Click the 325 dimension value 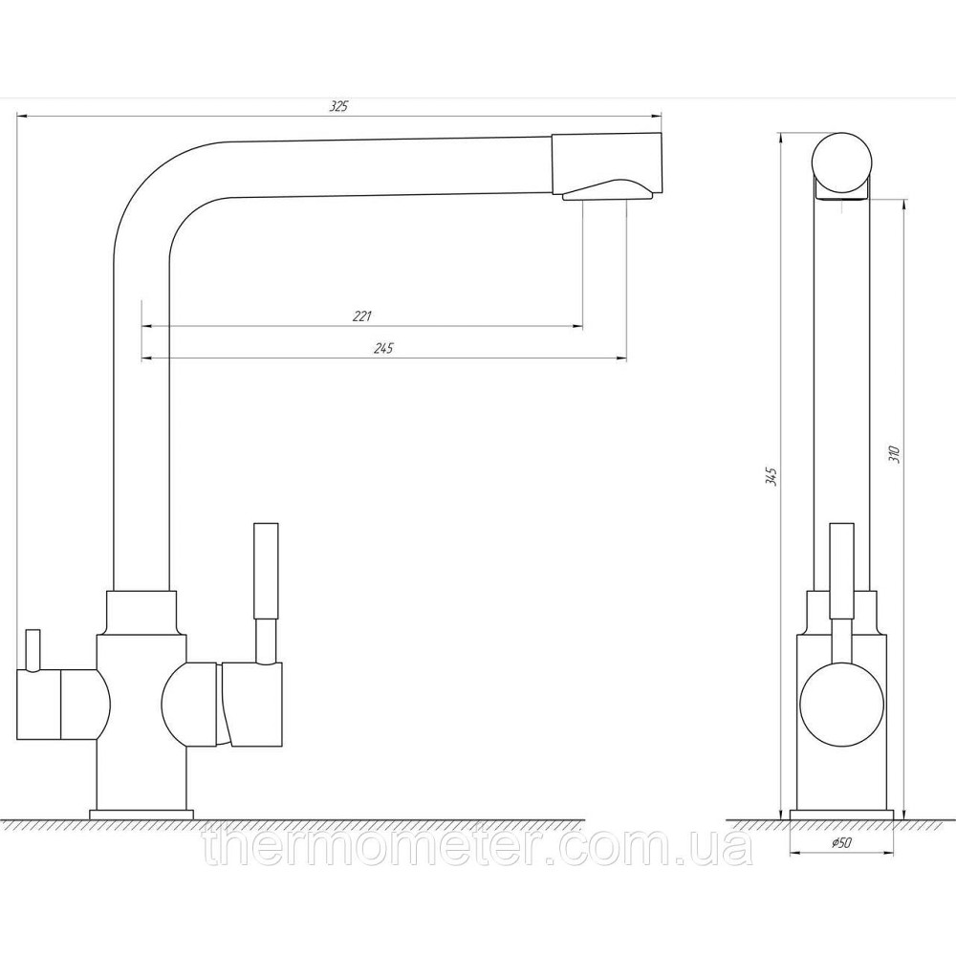tap(338, 106)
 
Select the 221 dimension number tap(362, 315)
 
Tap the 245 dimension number tap(384, 348)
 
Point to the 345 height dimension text tap(771, 476)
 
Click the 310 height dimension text tap(895, 455)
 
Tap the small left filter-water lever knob tap(33, 649)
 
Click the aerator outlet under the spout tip tap(608, 189)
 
